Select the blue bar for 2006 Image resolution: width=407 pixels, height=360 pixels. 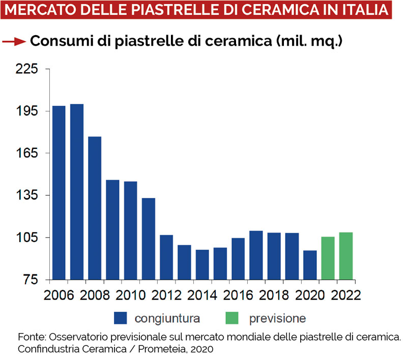tap(59, 193)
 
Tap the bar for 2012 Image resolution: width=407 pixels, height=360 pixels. tap(166, 257)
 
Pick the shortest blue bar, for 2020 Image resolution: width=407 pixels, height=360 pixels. tap(310, 265)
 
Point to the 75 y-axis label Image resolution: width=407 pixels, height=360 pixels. tap(31, 280)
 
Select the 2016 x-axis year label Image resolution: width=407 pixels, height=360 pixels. tap(238, 296)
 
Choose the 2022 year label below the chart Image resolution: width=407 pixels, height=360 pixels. tap(346, 296)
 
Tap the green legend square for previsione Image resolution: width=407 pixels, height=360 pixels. tap(232, 319)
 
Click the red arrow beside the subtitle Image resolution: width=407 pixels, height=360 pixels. tap(14, 42)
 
